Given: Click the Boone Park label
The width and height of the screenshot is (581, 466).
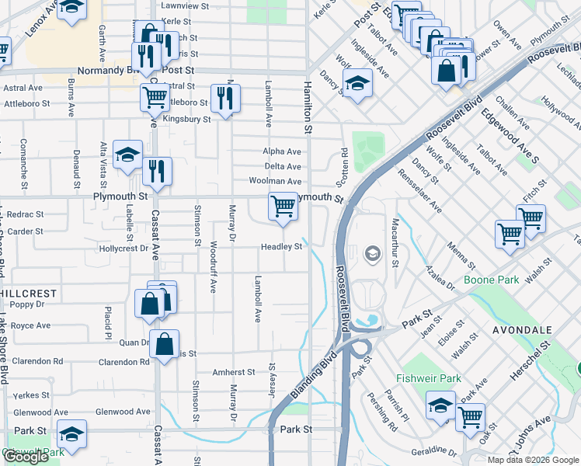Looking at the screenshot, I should [x=490, y=280].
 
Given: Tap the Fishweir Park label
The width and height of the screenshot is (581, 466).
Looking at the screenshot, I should [x=428, y=379].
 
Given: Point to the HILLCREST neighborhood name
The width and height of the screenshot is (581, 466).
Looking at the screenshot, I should [x=27, y=294].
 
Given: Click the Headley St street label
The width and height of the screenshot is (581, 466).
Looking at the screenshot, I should [x=281, y=247].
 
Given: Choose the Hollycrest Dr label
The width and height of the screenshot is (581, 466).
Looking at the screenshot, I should [x=124, y=249].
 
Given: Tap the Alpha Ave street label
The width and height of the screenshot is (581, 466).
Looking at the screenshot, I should [x=281, y=151].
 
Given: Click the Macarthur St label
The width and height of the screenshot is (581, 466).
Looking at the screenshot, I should [x=395, y=242].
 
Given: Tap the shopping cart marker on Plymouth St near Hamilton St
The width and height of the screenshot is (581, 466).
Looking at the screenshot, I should [x=283, y=207].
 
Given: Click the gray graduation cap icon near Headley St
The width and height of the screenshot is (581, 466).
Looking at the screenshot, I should [x=373, y=254].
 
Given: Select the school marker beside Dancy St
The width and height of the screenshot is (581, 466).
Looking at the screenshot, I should [x=357, y=83].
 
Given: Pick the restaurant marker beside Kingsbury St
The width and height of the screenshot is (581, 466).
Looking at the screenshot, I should [x=225, y=99].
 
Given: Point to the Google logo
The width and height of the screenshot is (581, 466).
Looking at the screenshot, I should [x=26, y=457].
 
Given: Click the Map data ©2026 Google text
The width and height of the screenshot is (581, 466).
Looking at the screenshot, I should [x=533, y=460].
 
